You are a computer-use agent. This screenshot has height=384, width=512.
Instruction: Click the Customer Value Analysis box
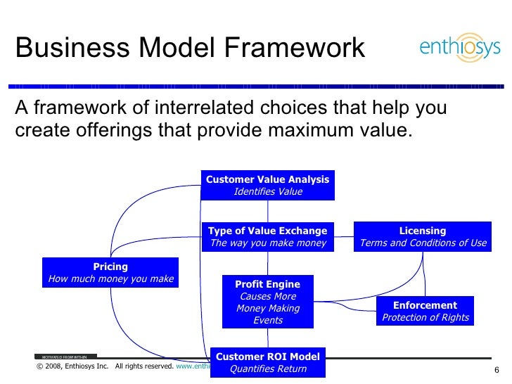pos(267,185)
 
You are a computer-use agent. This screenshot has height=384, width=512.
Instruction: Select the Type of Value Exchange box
pos(267,236)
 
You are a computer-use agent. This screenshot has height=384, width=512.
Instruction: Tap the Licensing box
pos(422,236)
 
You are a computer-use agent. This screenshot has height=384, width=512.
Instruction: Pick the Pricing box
pos(110,272)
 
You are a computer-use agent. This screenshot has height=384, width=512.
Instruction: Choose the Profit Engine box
pos(267,302)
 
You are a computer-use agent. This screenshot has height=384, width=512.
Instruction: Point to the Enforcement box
pos(425,312)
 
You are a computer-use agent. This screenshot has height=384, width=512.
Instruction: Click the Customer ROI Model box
pos(267,362)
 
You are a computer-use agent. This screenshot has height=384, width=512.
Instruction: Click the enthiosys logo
pos(459,48)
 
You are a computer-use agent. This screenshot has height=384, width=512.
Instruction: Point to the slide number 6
pos(497,371)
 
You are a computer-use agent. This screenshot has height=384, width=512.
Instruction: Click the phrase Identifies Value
pos(267,191)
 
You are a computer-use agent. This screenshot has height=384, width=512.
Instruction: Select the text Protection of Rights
pos(425,318)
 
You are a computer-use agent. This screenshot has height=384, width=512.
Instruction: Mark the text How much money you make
pos(110,279)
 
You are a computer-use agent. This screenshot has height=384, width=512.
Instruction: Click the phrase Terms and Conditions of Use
pos(422,243)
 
